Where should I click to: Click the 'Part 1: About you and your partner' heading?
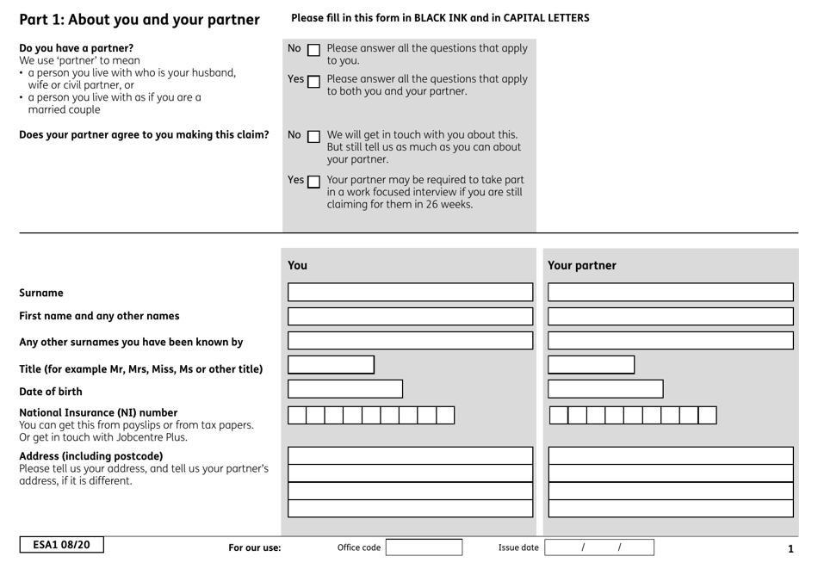click(x=139, y=19)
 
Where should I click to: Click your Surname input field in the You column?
click(x=410, y=292)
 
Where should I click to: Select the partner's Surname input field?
click(x=670, y=292)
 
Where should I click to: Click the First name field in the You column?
click(x=410, y=316)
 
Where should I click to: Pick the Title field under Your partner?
click(x=591, y=365)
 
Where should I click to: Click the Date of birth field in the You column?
click(x=344, y=389)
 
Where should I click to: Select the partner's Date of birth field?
click(x=605, y=389)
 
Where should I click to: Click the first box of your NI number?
click(x=296, y=416)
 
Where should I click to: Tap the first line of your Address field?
click(x=410, y=455)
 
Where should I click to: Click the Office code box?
click(x=424, y=547)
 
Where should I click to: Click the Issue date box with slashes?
click(x=598, y=547)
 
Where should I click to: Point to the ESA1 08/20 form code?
click(x=61, y=545)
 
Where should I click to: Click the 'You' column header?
click(x=297, y=265)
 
